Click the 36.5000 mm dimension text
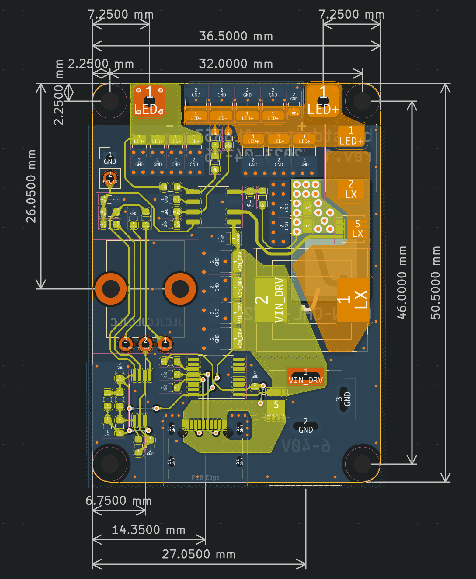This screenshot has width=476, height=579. click(236, 36)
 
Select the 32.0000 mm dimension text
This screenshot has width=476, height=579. click(236, 64)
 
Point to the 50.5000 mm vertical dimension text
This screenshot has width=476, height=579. click(436, 283)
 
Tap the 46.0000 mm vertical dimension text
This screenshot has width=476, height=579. click(402, 283)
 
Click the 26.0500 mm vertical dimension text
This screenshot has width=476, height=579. click(31, 186)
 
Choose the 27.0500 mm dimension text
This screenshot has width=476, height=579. click(199, 554)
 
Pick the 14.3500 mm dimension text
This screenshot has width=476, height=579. click(148, 530)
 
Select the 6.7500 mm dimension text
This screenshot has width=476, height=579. click(119, 501)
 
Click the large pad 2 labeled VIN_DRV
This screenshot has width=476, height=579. click(270, 300)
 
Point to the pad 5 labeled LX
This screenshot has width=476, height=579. click(357, 229)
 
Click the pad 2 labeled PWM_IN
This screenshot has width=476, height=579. click(110, 178)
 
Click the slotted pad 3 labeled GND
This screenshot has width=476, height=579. click(344, 399)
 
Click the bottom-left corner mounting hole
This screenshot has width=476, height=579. click(110, 464)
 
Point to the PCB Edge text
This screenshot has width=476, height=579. click(205, 477)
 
